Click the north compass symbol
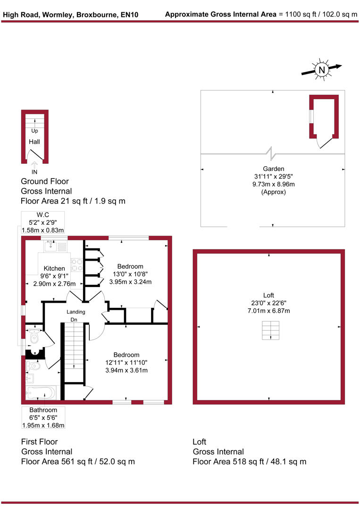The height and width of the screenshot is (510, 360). pos(322,70)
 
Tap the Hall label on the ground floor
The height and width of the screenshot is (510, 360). pos(34,142)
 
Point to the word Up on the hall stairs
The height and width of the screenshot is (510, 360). pos(34,131)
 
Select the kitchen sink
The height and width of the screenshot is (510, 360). pos(51,245)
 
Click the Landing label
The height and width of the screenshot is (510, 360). pos(75,312)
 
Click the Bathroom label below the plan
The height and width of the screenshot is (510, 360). pos(43,410)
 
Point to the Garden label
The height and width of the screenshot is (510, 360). pos(274,169)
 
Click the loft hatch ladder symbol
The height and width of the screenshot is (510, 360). pos(271,330)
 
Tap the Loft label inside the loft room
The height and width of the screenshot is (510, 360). pos(268,296)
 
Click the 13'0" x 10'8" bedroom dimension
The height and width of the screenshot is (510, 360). pos(130,274)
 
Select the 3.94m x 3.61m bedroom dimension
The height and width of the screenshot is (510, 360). pos(126,370)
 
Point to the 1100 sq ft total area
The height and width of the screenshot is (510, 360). pos(292,15)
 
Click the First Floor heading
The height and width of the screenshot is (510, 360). pos(39,442)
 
